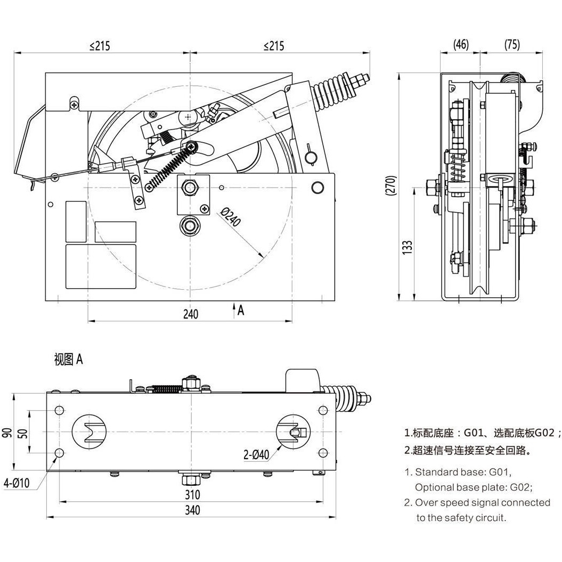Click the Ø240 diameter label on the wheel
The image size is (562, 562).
[231, 217]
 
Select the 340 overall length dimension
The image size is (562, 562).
[192, 510]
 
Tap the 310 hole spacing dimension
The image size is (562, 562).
[192, 494]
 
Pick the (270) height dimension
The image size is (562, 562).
[392, 186]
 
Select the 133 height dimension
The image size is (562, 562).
[407, 247]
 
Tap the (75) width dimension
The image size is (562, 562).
[511, 45]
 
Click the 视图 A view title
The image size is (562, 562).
[68, 360]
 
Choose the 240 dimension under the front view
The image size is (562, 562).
[190, 314]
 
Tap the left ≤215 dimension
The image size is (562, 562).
[100, 46]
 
